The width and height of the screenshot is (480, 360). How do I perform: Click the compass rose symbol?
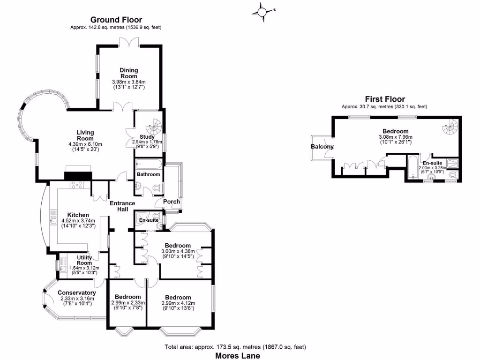tap(262, 12)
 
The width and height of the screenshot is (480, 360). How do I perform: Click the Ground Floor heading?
tap(116, 20)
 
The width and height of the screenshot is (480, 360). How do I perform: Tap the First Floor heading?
tap(385, 99)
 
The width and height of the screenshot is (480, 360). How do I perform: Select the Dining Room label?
tap(129, 73)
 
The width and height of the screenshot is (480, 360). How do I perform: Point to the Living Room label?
tap(85, 135)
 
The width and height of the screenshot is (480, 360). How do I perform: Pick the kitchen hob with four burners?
tap(76, 185)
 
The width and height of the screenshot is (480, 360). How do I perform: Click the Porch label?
tap(172, 202)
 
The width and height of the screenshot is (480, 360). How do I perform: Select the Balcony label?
tap(322, 147)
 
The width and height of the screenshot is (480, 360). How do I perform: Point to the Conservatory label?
tap(77, 293)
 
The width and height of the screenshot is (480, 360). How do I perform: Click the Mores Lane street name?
tap(238, 356)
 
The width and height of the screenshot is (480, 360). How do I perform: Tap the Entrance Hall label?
tap(122, 206)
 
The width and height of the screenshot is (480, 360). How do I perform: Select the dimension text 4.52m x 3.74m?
tap(78, 221)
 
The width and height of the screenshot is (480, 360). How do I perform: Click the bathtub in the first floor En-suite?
tap(412, 167)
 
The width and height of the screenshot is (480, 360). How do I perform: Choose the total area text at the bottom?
tap(235, 347)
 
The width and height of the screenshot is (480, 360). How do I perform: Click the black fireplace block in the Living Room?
tap(78, 176)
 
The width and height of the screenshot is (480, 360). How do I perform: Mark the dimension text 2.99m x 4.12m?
tap(178, 303)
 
